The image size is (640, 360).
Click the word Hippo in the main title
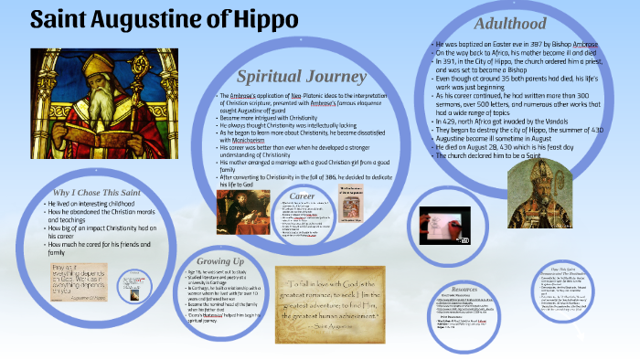coord(268,19)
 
